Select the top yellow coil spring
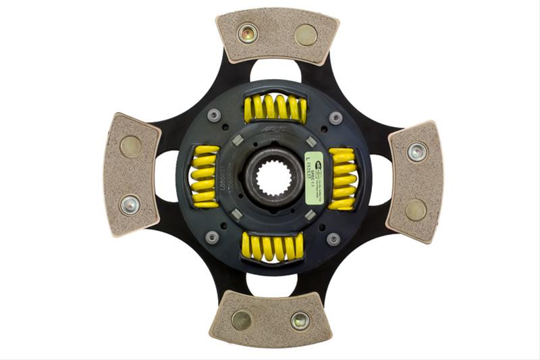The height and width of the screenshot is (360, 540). [x=275, y=108]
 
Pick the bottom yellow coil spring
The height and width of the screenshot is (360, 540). [x=273, y=247]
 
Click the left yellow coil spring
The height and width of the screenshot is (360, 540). [x=205, y=177]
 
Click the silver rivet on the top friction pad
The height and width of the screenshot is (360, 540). [x=247, y=32]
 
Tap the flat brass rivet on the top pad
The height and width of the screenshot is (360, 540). [x=306, y=34]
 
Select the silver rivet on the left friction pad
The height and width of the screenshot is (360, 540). [x=129, y=204]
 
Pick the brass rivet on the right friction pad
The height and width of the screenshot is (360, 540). [x=416, y=210]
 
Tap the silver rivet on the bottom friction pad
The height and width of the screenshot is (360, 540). [x=300, y=321]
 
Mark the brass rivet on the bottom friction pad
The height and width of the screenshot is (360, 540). [x=241, y=320]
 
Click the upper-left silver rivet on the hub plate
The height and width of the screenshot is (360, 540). [x=214, y=115]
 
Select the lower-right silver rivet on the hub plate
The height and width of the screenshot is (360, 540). [x=333, y=238]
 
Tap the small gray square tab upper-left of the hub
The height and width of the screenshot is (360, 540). [x=238, y=140]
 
